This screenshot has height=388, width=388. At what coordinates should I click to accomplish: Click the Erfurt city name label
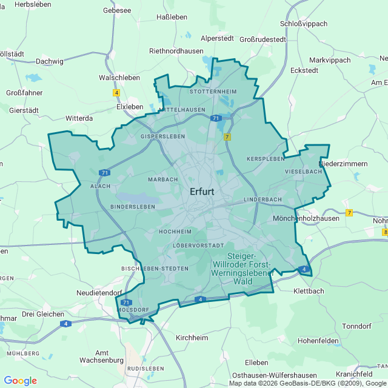tap(202, 192)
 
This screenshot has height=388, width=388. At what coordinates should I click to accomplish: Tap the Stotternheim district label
tap(212, 91)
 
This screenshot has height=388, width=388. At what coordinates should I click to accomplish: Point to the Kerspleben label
tap(266, 158)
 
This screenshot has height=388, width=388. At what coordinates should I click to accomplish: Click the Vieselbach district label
tap(303, 172)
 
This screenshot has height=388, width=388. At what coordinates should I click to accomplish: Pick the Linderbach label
tap(263, 199)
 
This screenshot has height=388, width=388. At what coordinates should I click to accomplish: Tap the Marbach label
tap(163, 179)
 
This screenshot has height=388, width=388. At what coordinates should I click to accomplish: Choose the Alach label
tap(100, 187)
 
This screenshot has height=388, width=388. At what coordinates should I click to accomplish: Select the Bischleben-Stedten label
tap(155, 268)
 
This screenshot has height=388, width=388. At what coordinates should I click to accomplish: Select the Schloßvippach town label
tap(304, 24)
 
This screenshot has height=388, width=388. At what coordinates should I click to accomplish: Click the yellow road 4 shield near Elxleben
tap(116, 93)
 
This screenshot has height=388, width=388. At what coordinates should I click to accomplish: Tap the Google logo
tap(20, 381)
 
